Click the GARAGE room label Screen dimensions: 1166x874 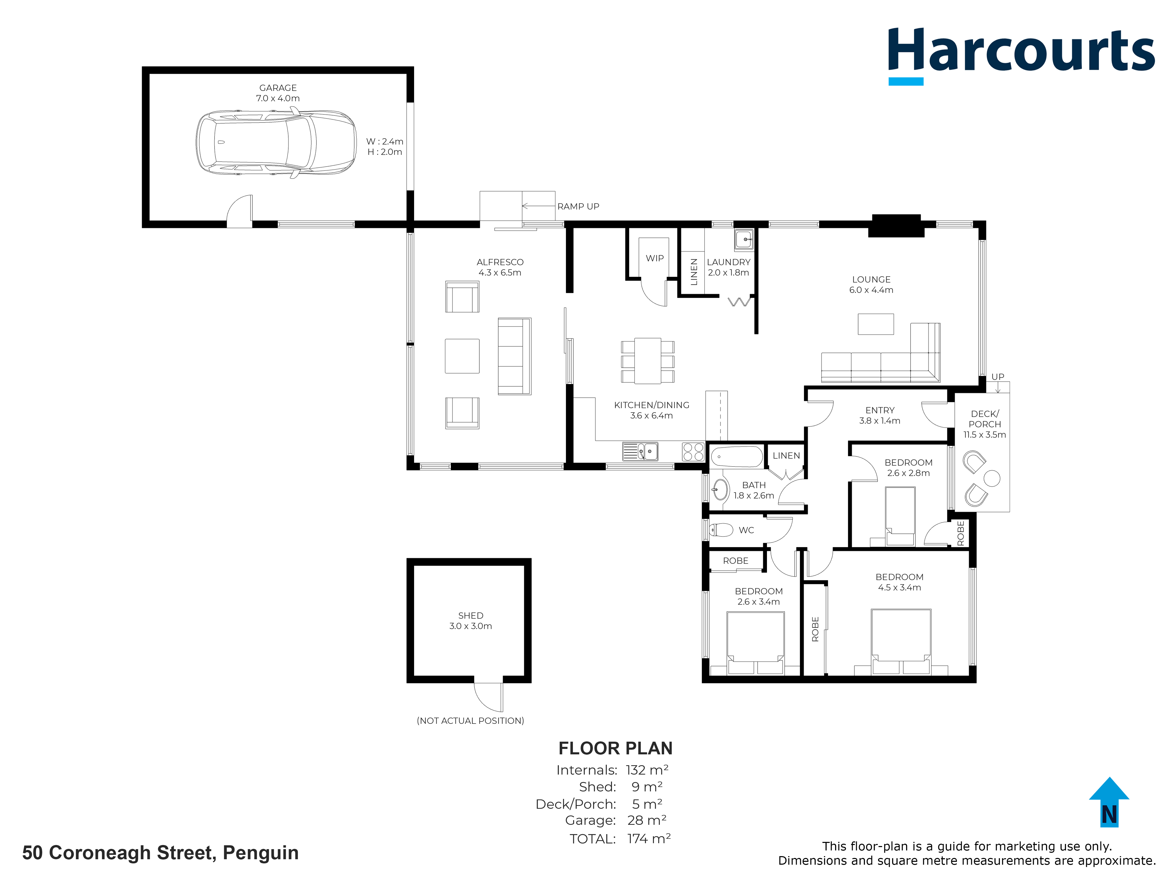pos(278,88)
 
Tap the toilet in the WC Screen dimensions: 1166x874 pos(721,530)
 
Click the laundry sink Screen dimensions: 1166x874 pos(744,240)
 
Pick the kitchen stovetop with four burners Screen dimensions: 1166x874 pos(693,452)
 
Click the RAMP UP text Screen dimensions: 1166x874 pos(578,206)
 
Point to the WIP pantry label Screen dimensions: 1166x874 pos(655,258)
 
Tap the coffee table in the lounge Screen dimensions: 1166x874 pos(876,324)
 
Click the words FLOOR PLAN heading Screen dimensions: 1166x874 pos(615,748)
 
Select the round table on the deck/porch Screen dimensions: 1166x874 pos(992,478)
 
